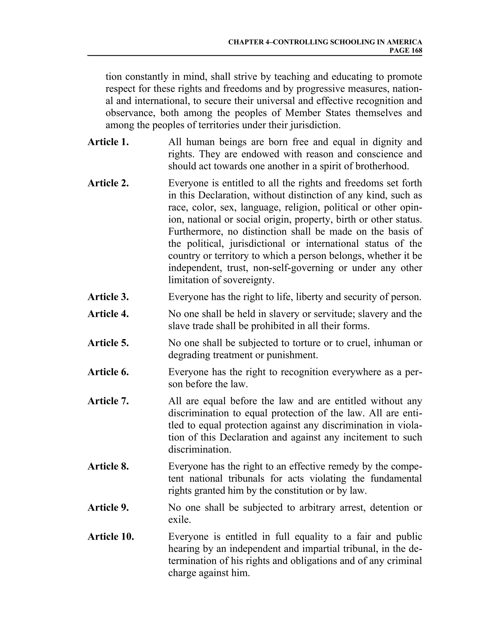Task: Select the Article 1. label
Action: point(108,142)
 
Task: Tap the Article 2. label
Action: point(108,183)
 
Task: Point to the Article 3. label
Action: point(108,297)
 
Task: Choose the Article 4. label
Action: point(108,314)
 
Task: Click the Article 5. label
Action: point(108,343)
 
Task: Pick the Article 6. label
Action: point(108,372)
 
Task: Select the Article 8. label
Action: point(108,466)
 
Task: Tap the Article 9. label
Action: point(108,507)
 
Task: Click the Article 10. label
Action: point(110,537)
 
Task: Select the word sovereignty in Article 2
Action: point(249,280)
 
